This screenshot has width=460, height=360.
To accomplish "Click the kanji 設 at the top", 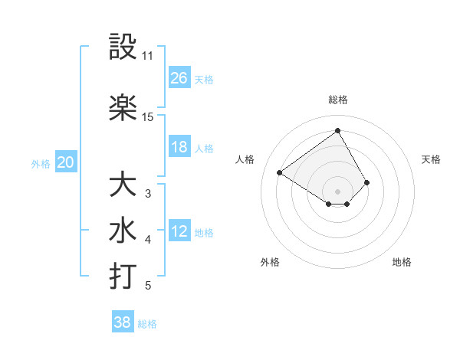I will coord(123,47).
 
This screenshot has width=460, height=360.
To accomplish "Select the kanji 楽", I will coord(123,107).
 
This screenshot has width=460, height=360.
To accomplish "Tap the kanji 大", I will coord(123,185).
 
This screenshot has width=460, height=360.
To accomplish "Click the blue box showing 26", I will coord(179,77).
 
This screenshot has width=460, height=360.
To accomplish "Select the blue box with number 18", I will coord(179,147).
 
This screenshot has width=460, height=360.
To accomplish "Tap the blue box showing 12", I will coord(179,231).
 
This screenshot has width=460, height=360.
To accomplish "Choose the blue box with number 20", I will coord(66,162).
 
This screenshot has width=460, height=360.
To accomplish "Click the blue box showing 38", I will coord(123,322).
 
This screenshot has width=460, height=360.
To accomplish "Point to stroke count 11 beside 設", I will coord(147,56).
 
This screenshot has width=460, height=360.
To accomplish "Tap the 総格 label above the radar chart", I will coord(337,100).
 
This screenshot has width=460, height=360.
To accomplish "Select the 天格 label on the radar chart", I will coord(431,159).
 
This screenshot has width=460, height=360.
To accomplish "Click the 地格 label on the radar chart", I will coord(402,262).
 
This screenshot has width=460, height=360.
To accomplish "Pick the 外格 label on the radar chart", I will coord(270,262).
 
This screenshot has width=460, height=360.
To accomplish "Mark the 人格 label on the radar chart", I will coord(245,159).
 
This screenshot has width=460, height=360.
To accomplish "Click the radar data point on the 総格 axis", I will coord(337,130).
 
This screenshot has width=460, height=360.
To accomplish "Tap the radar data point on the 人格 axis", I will coord(280,172).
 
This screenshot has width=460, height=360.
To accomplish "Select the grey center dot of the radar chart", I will coord(337,191).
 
